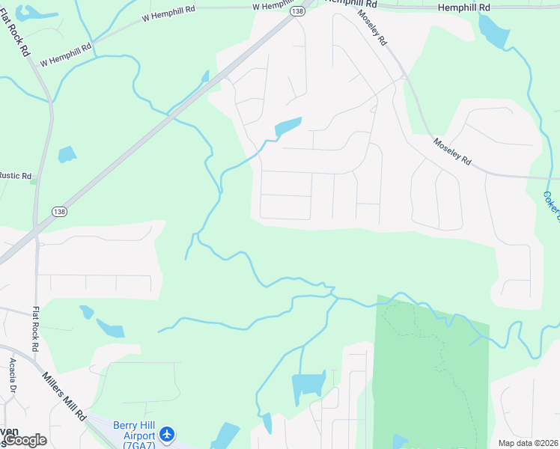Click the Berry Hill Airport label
[x=134, y=430]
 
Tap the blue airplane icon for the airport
[x=166, y=434]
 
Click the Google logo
[x=25, y=440]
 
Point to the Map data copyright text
[x=528, y=443]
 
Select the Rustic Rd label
[x=15, y=177]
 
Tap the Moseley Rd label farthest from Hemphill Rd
[x=452, y=151]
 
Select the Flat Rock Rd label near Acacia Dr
[x=35, y=329]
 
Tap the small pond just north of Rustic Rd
[x=67, y=154]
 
